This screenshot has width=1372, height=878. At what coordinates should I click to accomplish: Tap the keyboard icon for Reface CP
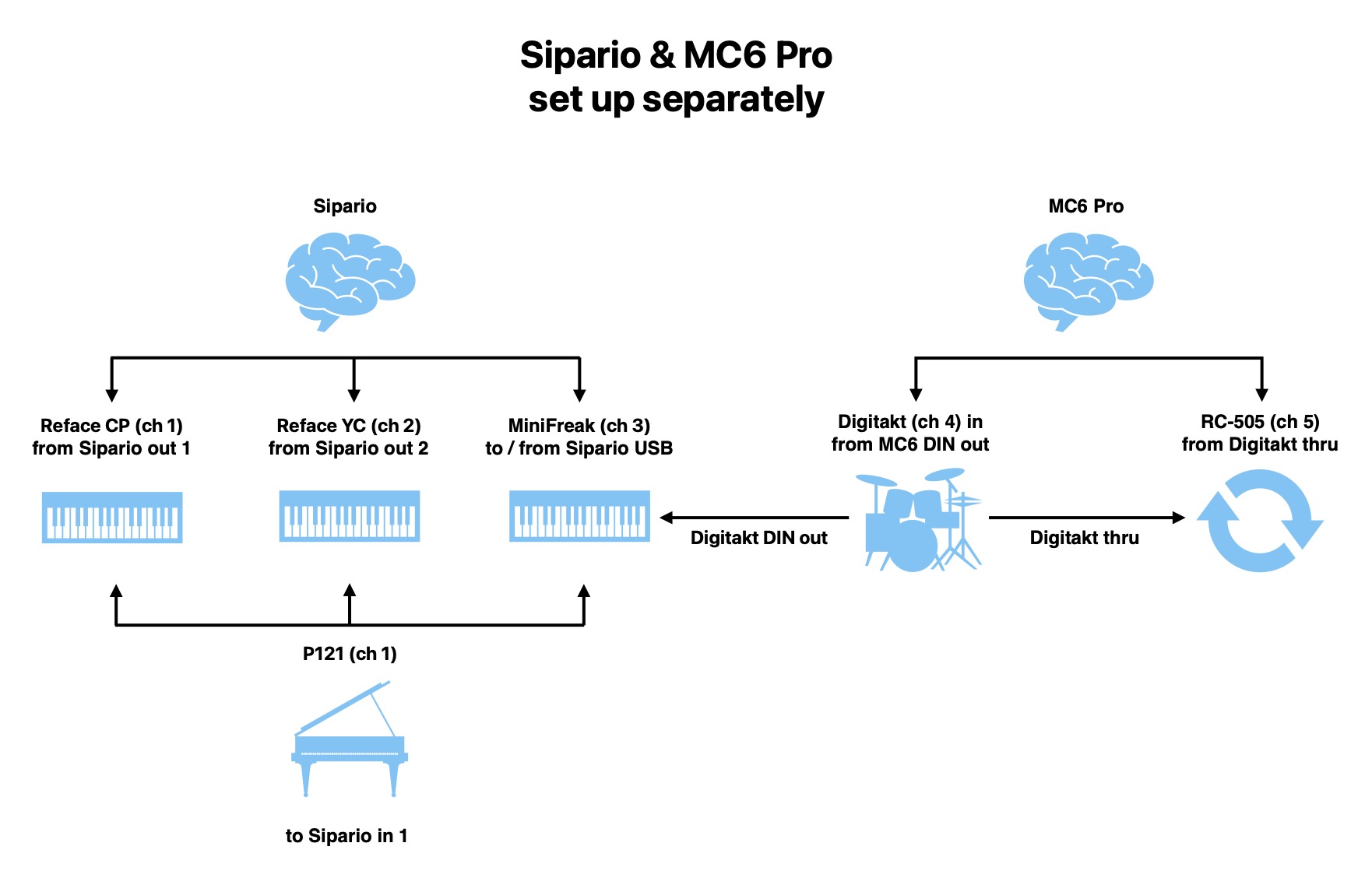tap(112, 517)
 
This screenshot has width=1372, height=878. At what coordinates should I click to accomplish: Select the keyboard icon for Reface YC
tap(350, 515)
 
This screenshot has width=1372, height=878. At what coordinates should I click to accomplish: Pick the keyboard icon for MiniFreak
tap(579, 515)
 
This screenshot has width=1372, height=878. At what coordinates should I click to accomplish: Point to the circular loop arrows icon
tap(1259, 520)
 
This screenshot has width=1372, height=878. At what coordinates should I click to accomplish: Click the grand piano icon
tap(350, 740)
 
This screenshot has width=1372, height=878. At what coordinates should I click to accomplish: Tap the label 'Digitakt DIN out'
tap(758, 538)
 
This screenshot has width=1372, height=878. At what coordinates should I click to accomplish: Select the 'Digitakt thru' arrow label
tap(1084, 538)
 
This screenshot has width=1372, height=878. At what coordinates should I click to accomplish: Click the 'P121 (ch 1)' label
tap(350, 654)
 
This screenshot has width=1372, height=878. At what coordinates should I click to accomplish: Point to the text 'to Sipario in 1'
tap(347, 836)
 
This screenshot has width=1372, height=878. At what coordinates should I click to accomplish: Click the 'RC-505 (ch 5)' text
tap(1260, 422)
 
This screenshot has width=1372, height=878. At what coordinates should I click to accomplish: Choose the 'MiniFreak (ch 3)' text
tap(579, 426)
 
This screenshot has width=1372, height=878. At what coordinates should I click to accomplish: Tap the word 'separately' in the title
tap(733, 100)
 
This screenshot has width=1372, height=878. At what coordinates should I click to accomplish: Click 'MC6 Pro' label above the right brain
tap(1085, 206)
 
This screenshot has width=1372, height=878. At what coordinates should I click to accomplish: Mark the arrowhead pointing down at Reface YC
tap(354, 394)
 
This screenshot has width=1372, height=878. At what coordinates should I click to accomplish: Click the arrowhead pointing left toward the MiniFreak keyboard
tap(667, 517)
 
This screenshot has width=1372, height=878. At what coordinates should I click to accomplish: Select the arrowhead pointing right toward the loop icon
tap(1178, 517)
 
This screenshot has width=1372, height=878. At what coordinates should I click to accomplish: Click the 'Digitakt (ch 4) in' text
tap(909, 422)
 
